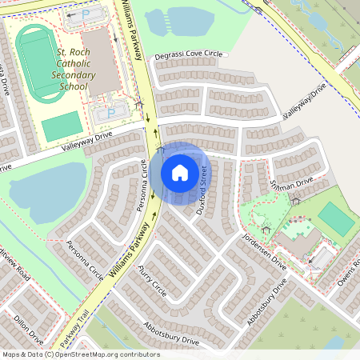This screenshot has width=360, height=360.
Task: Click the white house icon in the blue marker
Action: [x=180, y=172]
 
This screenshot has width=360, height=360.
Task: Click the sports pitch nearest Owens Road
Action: [x=334, y=218]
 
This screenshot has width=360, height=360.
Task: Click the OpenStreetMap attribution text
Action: [x=81, y=354]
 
